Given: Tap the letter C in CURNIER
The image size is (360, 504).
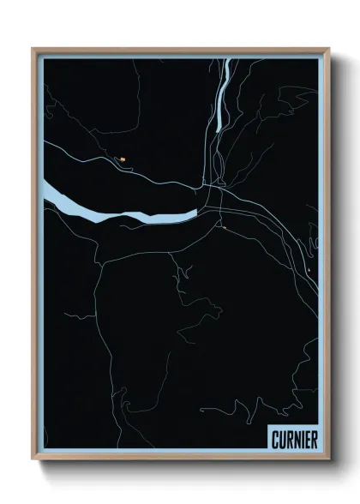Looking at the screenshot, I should [274, 439].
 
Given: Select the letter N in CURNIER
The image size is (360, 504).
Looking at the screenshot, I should [295, 439].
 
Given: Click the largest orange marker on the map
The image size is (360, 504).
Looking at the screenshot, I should [123, 158].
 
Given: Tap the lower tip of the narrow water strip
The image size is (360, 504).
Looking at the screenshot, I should [219, 129].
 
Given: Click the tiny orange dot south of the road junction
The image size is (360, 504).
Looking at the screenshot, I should [223, 228].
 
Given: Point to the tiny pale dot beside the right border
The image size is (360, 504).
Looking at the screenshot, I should [307, 272].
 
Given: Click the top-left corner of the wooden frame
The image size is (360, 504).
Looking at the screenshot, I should [33, 48].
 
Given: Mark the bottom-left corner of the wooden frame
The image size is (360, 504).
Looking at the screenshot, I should [33, 461].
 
